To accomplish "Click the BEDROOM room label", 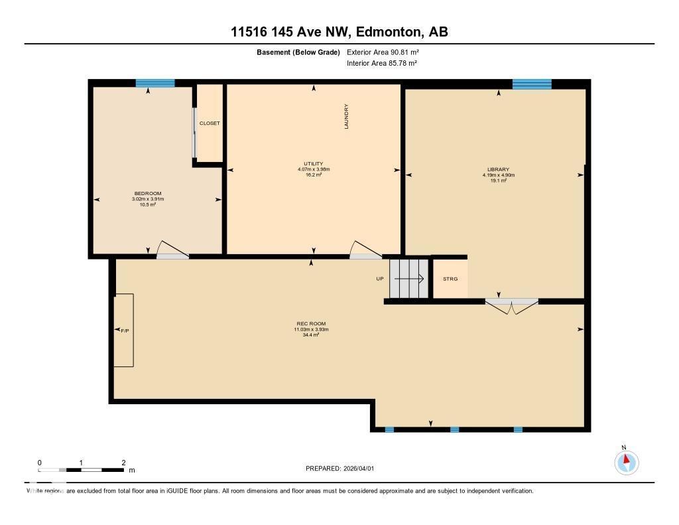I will pos(148,193).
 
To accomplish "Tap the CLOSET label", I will pos(210,123).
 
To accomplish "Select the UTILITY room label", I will pos(314,164).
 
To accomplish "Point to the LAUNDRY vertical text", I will pos(346,116).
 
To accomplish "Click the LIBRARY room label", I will pos(498,169).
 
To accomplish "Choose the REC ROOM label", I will pos(312,324).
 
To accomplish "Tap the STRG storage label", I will pos(450,279).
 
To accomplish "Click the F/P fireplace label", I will pos(124,330).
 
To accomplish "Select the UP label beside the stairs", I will pos(380,279).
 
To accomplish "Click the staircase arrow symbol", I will pos(408,279).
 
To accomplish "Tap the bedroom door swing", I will pos(172,249).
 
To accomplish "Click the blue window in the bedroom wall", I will pos(155,83).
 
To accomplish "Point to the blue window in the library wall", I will pos(532,84).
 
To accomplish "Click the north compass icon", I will pos(626,462).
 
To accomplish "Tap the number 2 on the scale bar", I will pos(123,463).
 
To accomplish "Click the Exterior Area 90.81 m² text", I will pos(383,52).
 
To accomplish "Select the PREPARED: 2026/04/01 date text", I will pos(339,469).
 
